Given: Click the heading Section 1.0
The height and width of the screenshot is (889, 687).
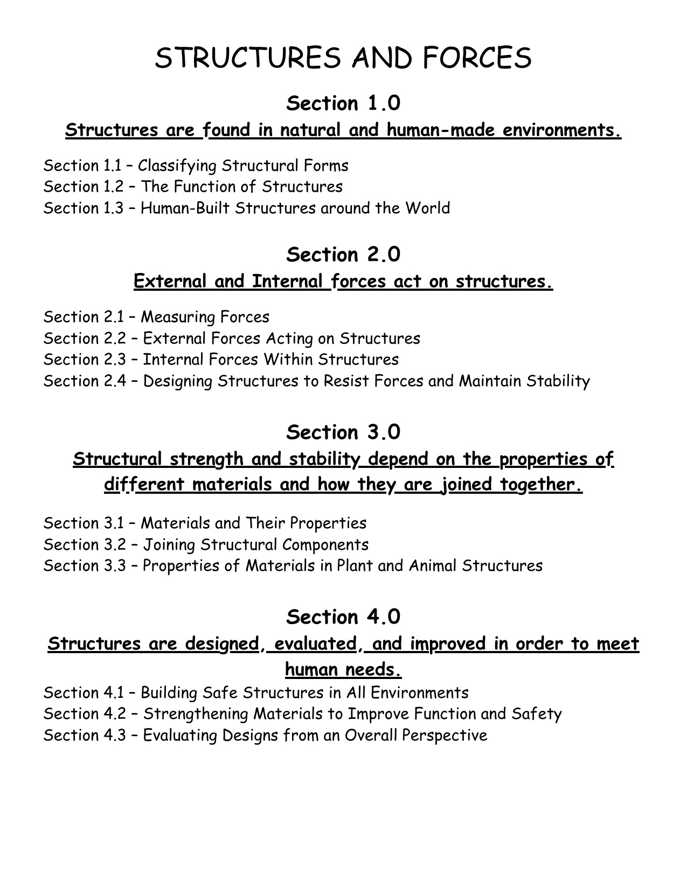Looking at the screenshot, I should pyautogui.click(x=343, y=103).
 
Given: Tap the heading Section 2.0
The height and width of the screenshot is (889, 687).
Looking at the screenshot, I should pyautogui.click(x=343, y=255).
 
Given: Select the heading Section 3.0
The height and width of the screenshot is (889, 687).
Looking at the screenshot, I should pyautogui.click(x=343, y=432).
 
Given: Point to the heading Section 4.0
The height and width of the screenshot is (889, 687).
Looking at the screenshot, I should pyautogui.click(x=343, y=617).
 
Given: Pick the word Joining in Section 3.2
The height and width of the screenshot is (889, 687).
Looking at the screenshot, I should pyautogui.click(x=169, y=545).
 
